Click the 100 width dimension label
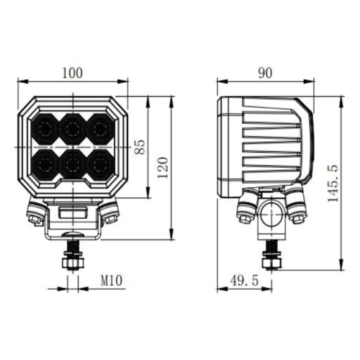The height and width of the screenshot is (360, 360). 72,73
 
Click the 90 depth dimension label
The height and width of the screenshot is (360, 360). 265,73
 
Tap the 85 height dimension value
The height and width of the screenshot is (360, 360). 140,147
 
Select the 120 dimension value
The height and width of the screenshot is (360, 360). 163,168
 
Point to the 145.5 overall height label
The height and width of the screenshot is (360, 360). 333,183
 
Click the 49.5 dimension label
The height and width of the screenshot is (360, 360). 244,280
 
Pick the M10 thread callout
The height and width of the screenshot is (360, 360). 112,280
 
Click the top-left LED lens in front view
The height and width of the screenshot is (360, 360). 45,130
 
